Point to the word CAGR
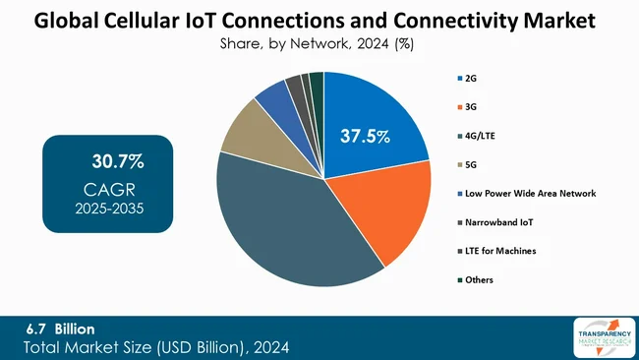tap(109, 189)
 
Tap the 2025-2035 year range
tap(109, 209)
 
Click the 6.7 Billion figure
tap(63, 329)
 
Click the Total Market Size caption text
tap(156, 347)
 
